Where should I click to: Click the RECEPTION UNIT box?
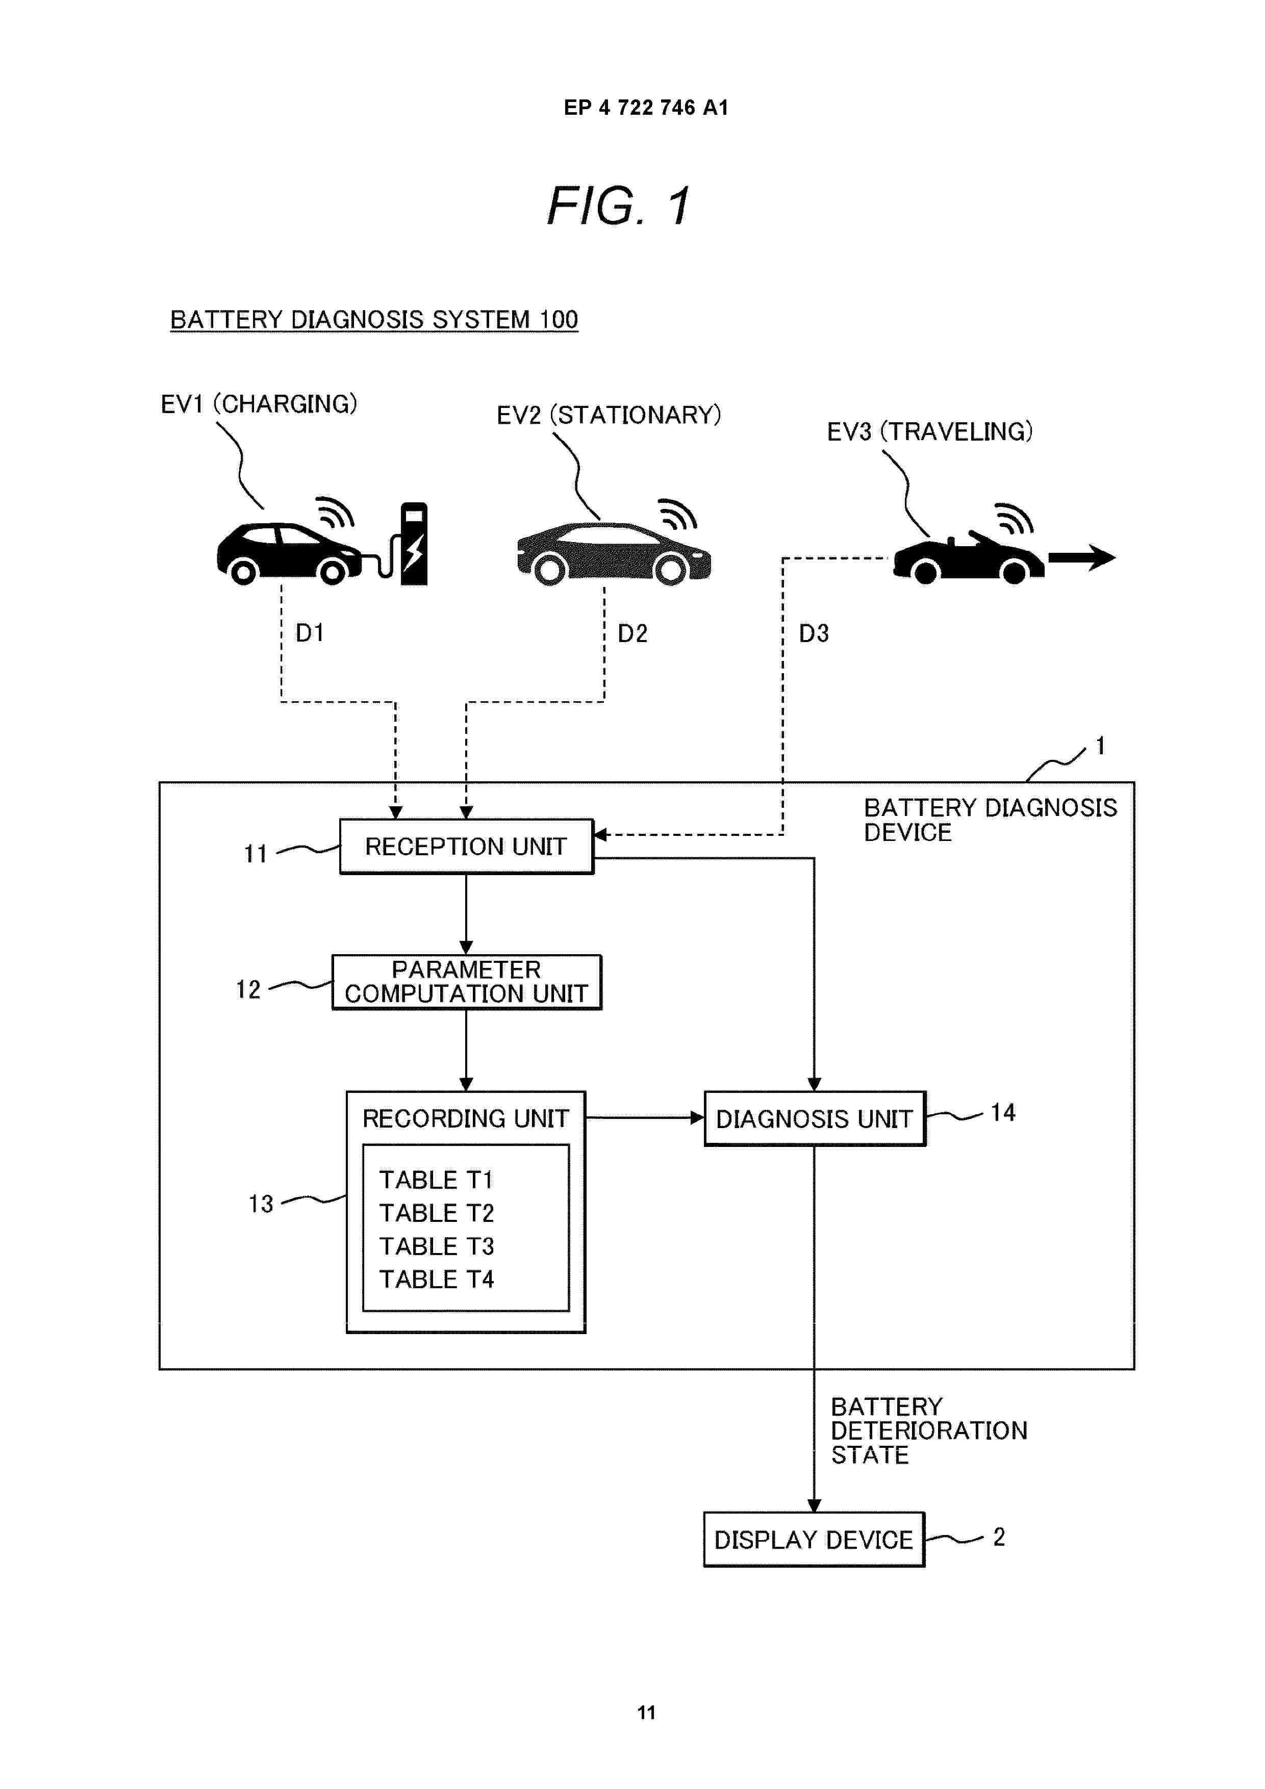(466, 846)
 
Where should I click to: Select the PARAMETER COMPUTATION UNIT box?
(466, 982)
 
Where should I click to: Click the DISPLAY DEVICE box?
(813, 1539)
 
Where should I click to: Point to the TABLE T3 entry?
(437, 1246)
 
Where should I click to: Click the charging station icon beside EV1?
(413, 543)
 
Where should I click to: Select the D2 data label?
(632, 633)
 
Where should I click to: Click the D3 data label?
(813, 633)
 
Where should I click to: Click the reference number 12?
(248, 989)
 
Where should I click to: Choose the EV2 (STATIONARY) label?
(609, 415)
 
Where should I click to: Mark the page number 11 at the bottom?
(646, 1713)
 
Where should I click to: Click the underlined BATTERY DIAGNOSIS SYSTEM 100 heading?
(373, 319)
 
